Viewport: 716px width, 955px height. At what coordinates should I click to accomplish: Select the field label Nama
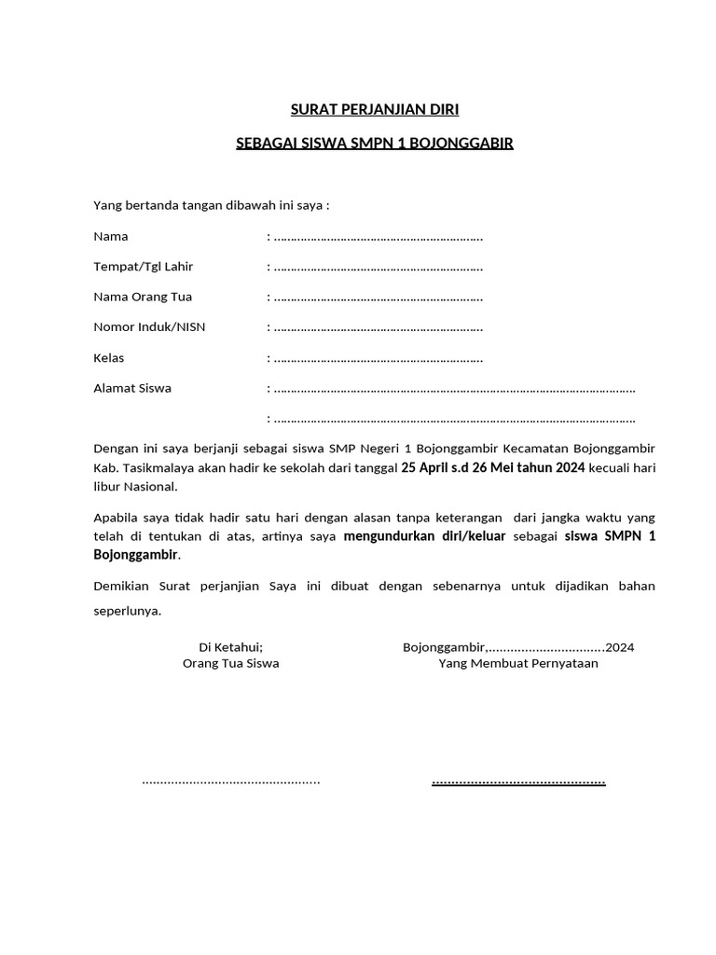111,236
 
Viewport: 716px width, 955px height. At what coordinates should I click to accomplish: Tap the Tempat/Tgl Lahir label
143,267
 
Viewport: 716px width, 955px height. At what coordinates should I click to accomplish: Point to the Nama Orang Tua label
143,297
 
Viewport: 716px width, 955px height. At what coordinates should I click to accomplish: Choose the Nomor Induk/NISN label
149,327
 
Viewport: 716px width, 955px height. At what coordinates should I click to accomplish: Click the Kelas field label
109,358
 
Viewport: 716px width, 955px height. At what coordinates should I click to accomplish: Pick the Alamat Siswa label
132,388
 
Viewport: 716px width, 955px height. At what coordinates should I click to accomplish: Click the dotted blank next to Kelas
378,359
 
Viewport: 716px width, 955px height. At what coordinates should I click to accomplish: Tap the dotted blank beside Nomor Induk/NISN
378,328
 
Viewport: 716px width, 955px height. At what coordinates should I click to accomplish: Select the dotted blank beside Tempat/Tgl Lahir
378,268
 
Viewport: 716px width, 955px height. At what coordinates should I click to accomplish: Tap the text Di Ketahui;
231,647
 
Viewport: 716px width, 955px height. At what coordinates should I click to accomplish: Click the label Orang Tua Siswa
230,664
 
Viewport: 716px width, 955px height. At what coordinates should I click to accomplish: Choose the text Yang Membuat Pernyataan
518,664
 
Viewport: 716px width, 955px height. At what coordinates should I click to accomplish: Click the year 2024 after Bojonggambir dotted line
620,647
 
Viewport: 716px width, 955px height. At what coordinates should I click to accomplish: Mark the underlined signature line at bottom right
518,781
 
